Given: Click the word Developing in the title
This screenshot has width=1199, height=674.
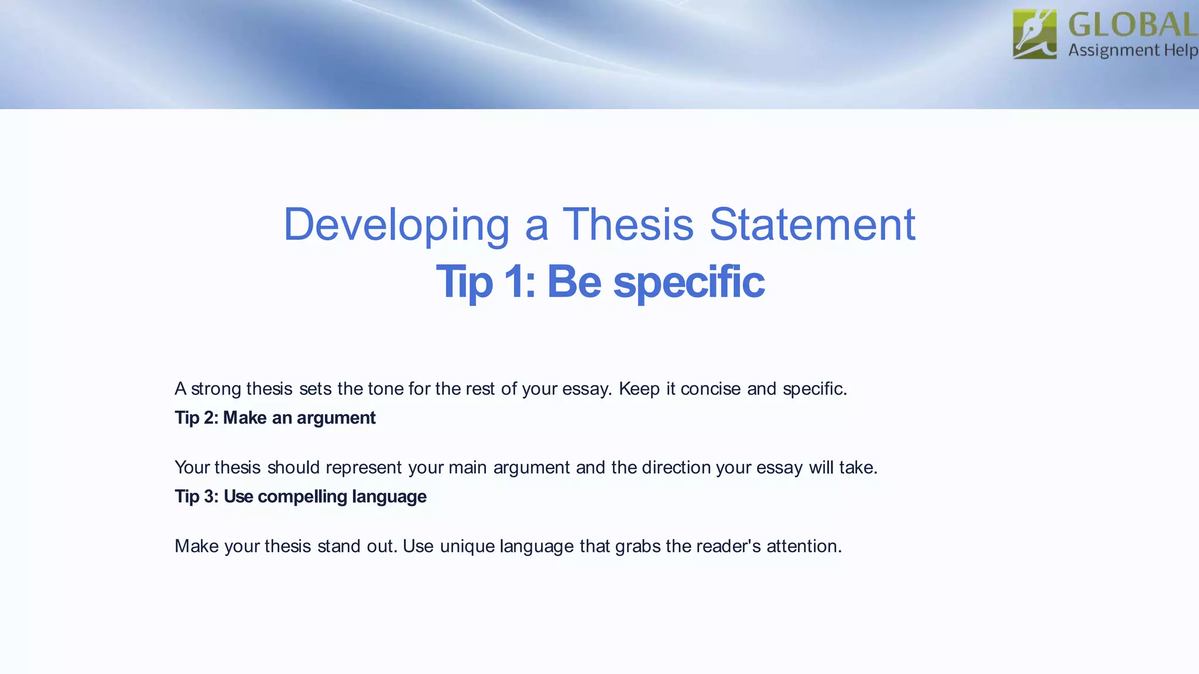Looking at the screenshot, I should pos(396,225).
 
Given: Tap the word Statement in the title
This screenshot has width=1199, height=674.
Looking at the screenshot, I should pos(812,225).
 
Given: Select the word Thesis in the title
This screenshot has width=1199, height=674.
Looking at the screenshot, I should pos(628,225).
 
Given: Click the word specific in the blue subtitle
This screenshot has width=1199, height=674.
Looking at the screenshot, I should pos(688,282).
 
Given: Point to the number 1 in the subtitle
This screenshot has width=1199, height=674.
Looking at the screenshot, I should pos(515,282).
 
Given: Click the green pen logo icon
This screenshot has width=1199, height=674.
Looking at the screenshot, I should pos(1034,34).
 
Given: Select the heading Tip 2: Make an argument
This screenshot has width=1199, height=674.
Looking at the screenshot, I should pos(275,418).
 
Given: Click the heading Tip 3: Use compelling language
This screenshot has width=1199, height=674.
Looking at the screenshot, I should pos(300,497).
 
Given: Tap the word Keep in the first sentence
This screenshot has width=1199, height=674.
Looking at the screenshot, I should pos(639,388).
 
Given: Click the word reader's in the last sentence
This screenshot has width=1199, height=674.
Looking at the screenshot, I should pos(728,546).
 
